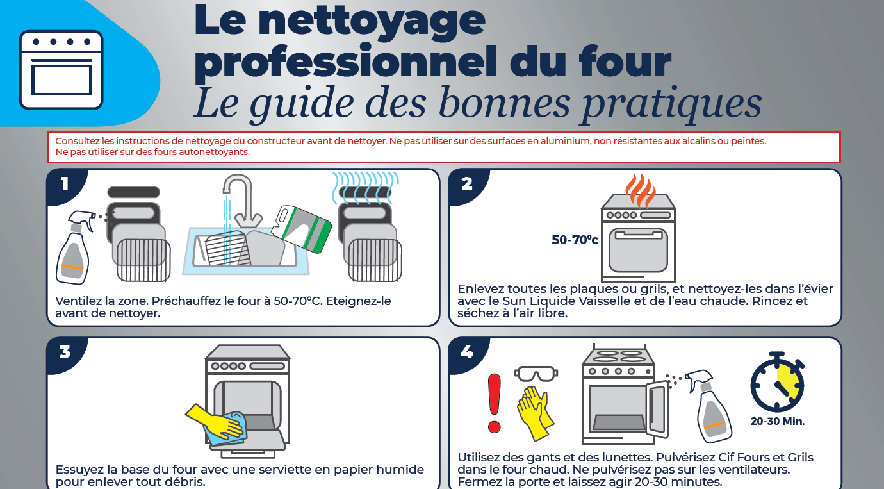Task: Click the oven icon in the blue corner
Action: (x=61, y=70)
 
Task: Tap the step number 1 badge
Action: (x=65, y=184)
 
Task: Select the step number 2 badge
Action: (x=467, y=184)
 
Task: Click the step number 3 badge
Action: (x=65, y=352)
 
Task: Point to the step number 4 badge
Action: (x=467, y=352)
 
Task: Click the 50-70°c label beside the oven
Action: (x=575, y=240)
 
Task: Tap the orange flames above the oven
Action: (x=641, y=191)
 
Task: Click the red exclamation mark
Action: (x=495, y=403)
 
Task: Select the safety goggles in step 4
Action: (x=536, y=374)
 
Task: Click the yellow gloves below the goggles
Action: (x=535, y=413)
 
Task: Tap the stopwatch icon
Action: (x=777, y=381)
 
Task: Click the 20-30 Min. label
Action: (x=778, y=422)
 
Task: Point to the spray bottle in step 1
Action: (x=75, y=247)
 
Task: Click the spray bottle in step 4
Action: (x=709, y=407)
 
